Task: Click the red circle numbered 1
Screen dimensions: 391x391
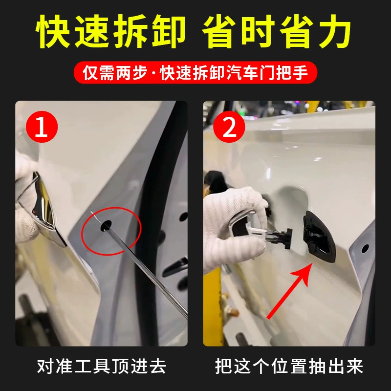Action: click(42, 127)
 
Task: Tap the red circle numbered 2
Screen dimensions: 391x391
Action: click(229, 127)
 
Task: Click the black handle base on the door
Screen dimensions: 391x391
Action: click(319, 237)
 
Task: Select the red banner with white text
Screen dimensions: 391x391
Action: click(195, 72)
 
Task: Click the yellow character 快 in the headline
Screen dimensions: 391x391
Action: click(53, 31)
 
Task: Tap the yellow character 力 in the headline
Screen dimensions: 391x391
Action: click(335, 31)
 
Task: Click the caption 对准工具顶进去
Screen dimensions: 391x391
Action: click(102, 366)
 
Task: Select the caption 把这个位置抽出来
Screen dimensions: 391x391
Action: click(289, 366)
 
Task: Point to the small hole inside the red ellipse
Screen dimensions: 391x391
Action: click(106, 225)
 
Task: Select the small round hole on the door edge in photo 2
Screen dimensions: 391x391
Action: click(365, 248)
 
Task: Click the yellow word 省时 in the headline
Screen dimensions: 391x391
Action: click(240, 31)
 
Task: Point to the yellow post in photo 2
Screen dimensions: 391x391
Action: click(212, 307)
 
